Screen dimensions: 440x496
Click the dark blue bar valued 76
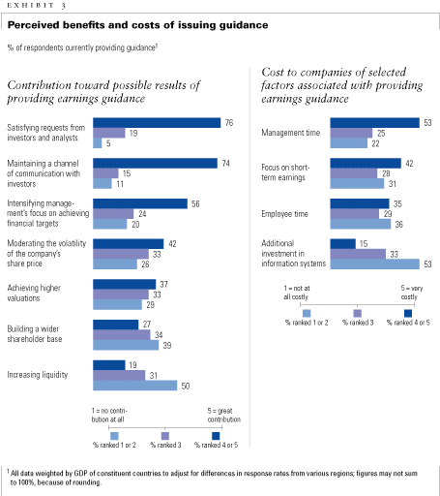(x=157, y=123)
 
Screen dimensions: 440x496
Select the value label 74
(x=225, y=164)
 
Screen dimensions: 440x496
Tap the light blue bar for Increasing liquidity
(x=135, y=386)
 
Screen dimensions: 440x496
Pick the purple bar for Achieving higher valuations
(x=121, y=294)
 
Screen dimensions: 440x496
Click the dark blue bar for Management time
(x=375, y=123)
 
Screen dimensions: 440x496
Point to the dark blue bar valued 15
(x=343, y=244)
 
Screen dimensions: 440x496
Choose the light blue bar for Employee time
(x=361, y=224)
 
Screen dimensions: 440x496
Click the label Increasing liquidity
(x=38, y=375)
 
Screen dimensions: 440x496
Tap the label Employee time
(x=284, y=214)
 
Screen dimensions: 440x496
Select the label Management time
(x=290, y=133)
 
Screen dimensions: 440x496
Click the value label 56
(x=195, y=204)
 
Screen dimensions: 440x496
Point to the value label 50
(x=186, y=386)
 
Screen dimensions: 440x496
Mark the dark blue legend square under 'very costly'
(x=408, y=313)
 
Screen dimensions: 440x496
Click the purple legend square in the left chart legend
(x=165, y=436)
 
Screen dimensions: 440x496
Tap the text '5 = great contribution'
(x=223, y=415)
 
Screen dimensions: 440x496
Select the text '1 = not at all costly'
(x=297, y=293)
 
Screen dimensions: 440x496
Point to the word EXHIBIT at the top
(x=30, y=5)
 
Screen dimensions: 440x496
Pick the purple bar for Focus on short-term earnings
(x=354, y=173)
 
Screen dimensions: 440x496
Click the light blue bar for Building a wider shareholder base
(x=126, y=345)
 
